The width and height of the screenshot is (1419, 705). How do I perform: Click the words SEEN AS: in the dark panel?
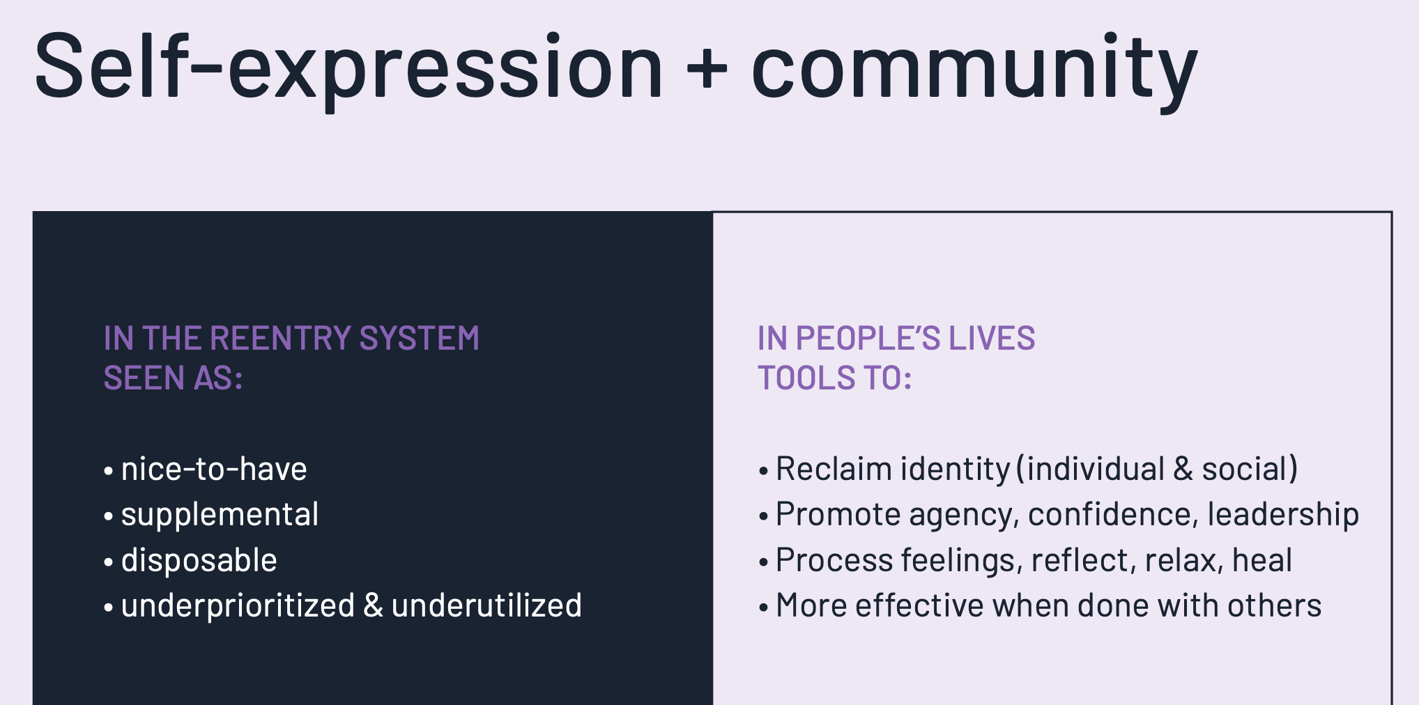coord(173,378)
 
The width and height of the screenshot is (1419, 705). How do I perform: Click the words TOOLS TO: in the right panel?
coord(834,378)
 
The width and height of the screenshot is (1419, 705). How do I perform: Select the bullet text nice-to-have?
coord(214,469)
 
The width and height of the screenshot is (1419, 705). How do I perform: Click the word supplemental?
coord(220,515)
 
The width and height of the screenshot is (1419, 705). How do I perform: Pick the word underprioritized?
coord(238,606)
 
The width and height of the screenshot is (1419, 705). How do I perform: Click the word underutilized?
coord(486,606)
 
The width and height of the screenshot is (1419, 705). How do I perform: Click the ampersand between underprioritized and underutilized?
coord(374,606)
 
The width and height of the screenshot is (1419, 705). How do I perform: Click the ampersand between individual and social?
coord(1183,469)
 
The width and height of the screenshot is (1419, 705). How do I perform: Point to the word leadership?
coord(1282,515)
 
